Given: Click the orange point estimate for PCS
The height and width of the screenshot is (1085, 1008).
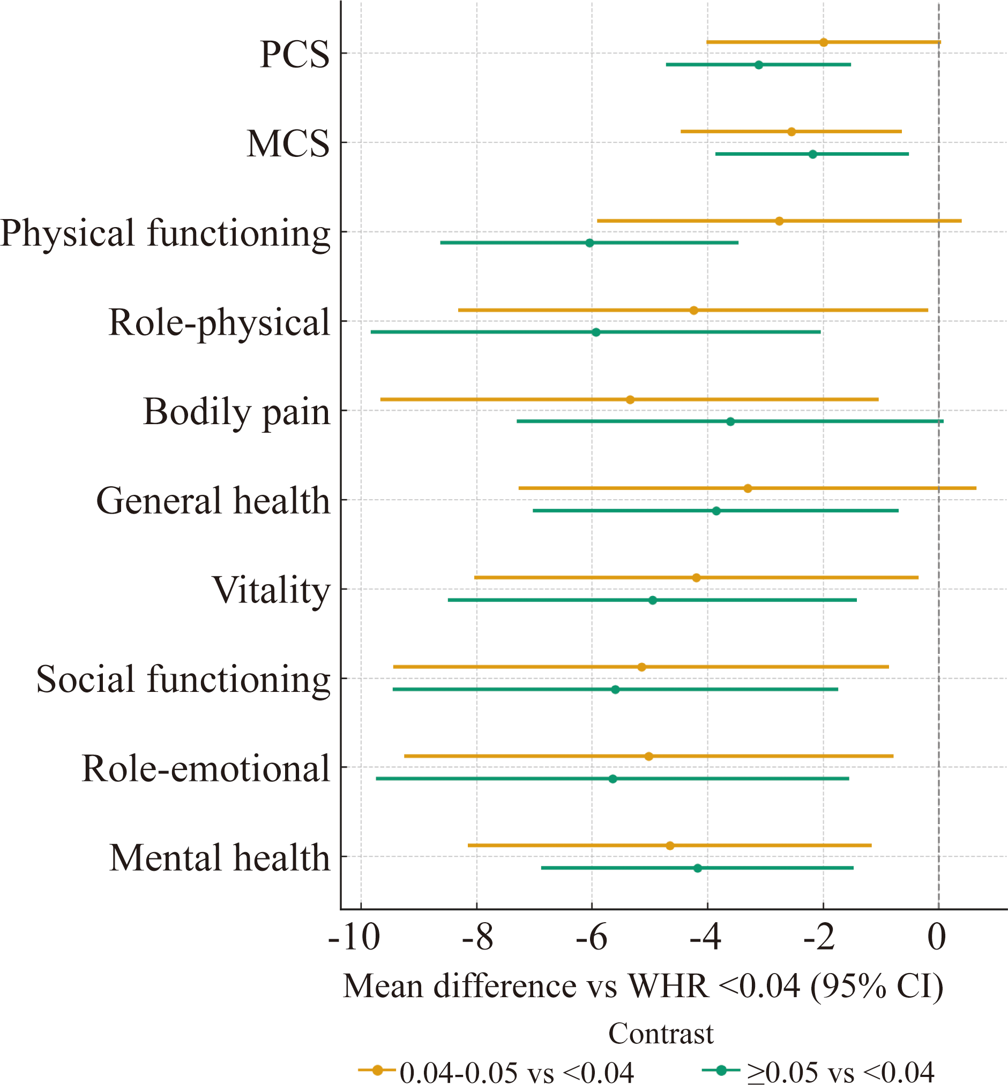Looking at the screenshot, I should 824,42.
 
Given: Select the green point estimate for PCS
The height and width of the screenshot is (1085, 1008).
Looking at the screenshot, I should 759,65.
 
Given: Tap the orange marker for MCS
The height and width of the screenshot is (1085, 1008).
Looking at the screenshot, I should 792,131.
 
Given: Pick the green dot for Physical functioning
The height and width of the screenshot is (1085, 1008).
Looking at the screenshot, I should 589,243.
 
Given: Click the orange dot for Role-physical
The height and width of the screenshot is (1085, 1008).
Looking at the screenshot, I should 694,310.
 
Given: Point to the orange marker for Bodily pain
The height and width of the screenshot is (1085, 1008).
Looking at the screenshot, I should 630,400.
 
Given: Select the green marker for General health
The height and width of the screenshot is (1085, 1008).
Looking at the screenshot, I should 716,511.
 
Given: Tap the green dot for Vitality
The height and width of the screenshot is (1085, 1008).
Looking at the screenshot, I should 653,600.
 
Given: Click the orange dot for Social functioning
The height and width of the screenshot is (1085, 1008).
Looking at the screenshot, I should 641,667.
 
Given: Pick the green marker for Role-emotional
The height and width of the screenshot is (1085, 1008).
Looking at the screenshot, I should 613,779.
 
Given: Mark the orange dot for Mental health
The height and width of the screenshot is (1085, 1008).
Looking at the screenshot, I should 670,846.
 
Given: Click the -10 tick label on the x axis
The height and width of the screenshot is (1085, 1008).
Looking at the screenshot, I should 354,938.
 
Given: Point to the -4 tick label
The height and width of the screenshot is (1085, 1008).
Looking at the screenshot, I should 705,938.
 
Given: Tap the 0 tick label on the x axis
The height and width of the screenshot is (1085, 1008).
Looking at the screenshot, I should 937,938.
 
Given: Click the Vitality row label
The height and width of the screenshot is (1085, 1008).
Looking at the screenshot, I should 271,591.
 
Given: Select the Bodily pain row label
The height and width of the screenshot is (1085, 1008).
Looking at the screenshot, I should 236,412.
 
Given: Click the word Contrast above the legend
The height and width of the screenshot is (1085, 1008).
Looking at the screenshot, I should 661,1033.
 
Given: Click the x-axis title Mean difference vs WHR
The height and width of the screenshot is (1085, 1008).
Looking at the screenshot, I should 643,986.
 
